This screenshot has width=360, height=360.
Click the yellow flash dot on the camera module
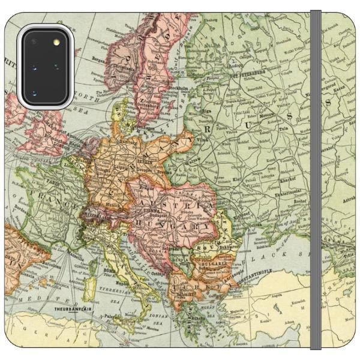57,43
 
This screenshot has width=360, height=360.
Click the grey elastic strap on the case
316,180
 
